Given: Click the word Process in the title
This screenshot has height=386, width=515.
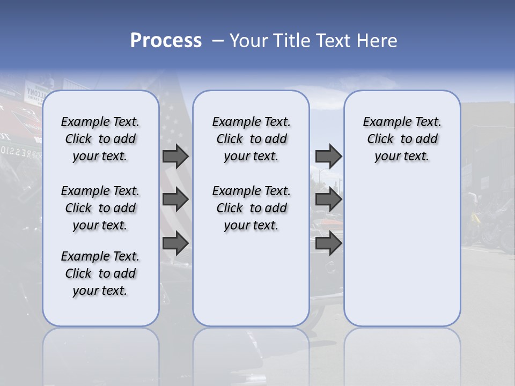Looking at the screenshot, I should tap(166, 40).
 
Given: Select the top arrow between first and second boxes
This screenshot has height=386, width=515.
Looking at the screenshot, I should tap(175, 156).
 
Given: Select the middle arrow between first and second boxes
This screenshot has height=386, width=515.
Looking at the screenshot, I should tap(175, 199).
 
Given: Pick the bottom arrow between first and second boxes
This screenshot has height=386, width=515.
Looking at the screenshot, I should tap(175, 243).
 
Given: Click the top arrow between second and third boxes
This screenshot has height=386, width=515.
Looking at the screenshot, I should tap(328, 156).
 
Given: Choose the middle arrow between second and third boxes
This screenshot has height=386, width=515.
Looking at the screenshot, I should tap(328, 199).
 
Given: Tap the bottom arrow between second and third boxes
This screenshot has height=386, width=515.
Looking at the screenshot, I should tap(328, 243).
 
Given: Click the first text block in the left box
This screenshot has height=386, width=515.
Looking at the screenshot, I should tap(100, 139).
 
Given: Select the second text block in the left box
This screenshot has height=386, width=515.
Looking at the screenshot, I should tap(100, 208).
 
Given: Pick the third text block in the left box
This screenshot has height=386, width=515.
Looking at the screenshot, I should tap(100, 273).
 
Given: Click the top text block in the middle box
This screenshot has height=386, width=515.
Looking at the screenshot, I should tap(251, 139).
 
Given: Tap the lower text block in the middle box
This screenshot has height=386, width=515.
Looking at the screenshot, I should tap(251, 208).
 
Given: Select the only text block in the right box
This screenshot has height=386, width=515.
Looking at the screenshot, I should tap(402, 139).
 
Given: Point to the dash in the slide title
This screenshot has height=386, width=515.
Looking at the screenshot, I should tap(218, 41).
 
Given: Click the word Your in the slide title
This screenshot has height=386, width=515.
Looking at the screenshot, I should tap(248, 41).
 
